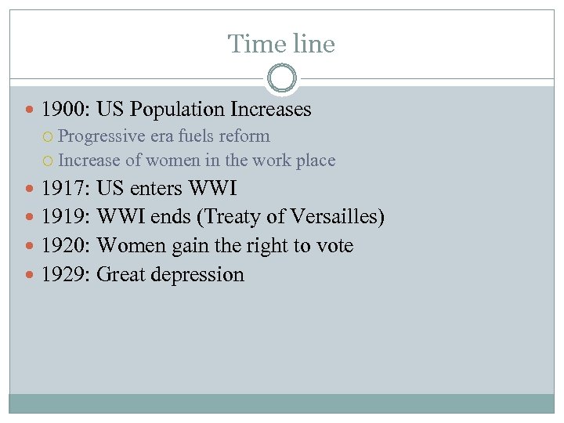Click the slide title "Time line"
[x=281, y=44]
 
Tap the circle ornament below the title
[x=282, y=78]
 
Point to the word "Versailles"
[x=334, y=217]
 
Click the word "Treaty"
[x=235, y=217]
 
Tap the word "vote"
[x=334, y=246]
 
